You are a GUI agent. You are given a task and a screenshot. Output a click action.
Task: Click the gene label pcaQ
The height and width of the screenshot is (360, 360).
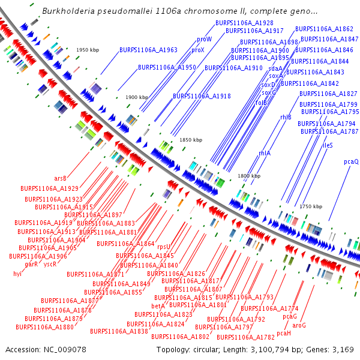[351, 161]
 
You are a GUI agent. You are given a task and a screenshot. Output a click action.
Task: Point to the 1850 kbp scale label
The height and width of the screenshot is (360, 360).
[191, 140]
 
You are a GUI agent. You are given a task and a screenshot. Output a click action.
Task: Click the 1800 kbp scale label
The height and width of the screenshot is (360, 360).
[249, 176]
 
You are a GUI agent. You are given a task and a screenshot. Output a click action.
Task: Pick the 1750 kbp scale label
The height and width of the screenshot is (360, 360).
[311, 206]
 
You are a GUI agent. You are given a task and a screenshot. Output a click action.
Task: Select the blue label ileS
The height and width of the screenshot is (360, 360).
[328, 145]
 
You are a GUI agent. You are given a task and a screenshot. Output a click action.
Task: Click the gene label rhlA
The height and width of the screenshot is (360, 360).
[264, 153]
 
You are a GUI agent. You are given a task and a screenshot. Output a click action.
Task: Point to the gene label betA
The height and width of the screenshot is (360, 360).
[158, 306]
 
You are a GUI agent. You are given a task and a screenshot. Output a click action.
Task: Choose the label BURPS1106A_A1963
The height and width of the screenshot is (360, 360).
[148, 50]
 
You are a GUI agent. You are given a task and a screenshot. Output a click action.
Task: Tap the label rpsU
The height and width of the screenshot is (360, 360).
[164, 246]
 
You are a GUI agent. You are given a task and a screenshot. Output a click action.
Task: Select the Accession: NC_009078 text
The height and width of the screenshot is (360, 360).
[46, 349]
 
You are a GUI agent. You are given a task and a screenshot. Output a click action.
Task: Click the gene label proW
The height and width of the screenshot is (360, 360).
[204, 39]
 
